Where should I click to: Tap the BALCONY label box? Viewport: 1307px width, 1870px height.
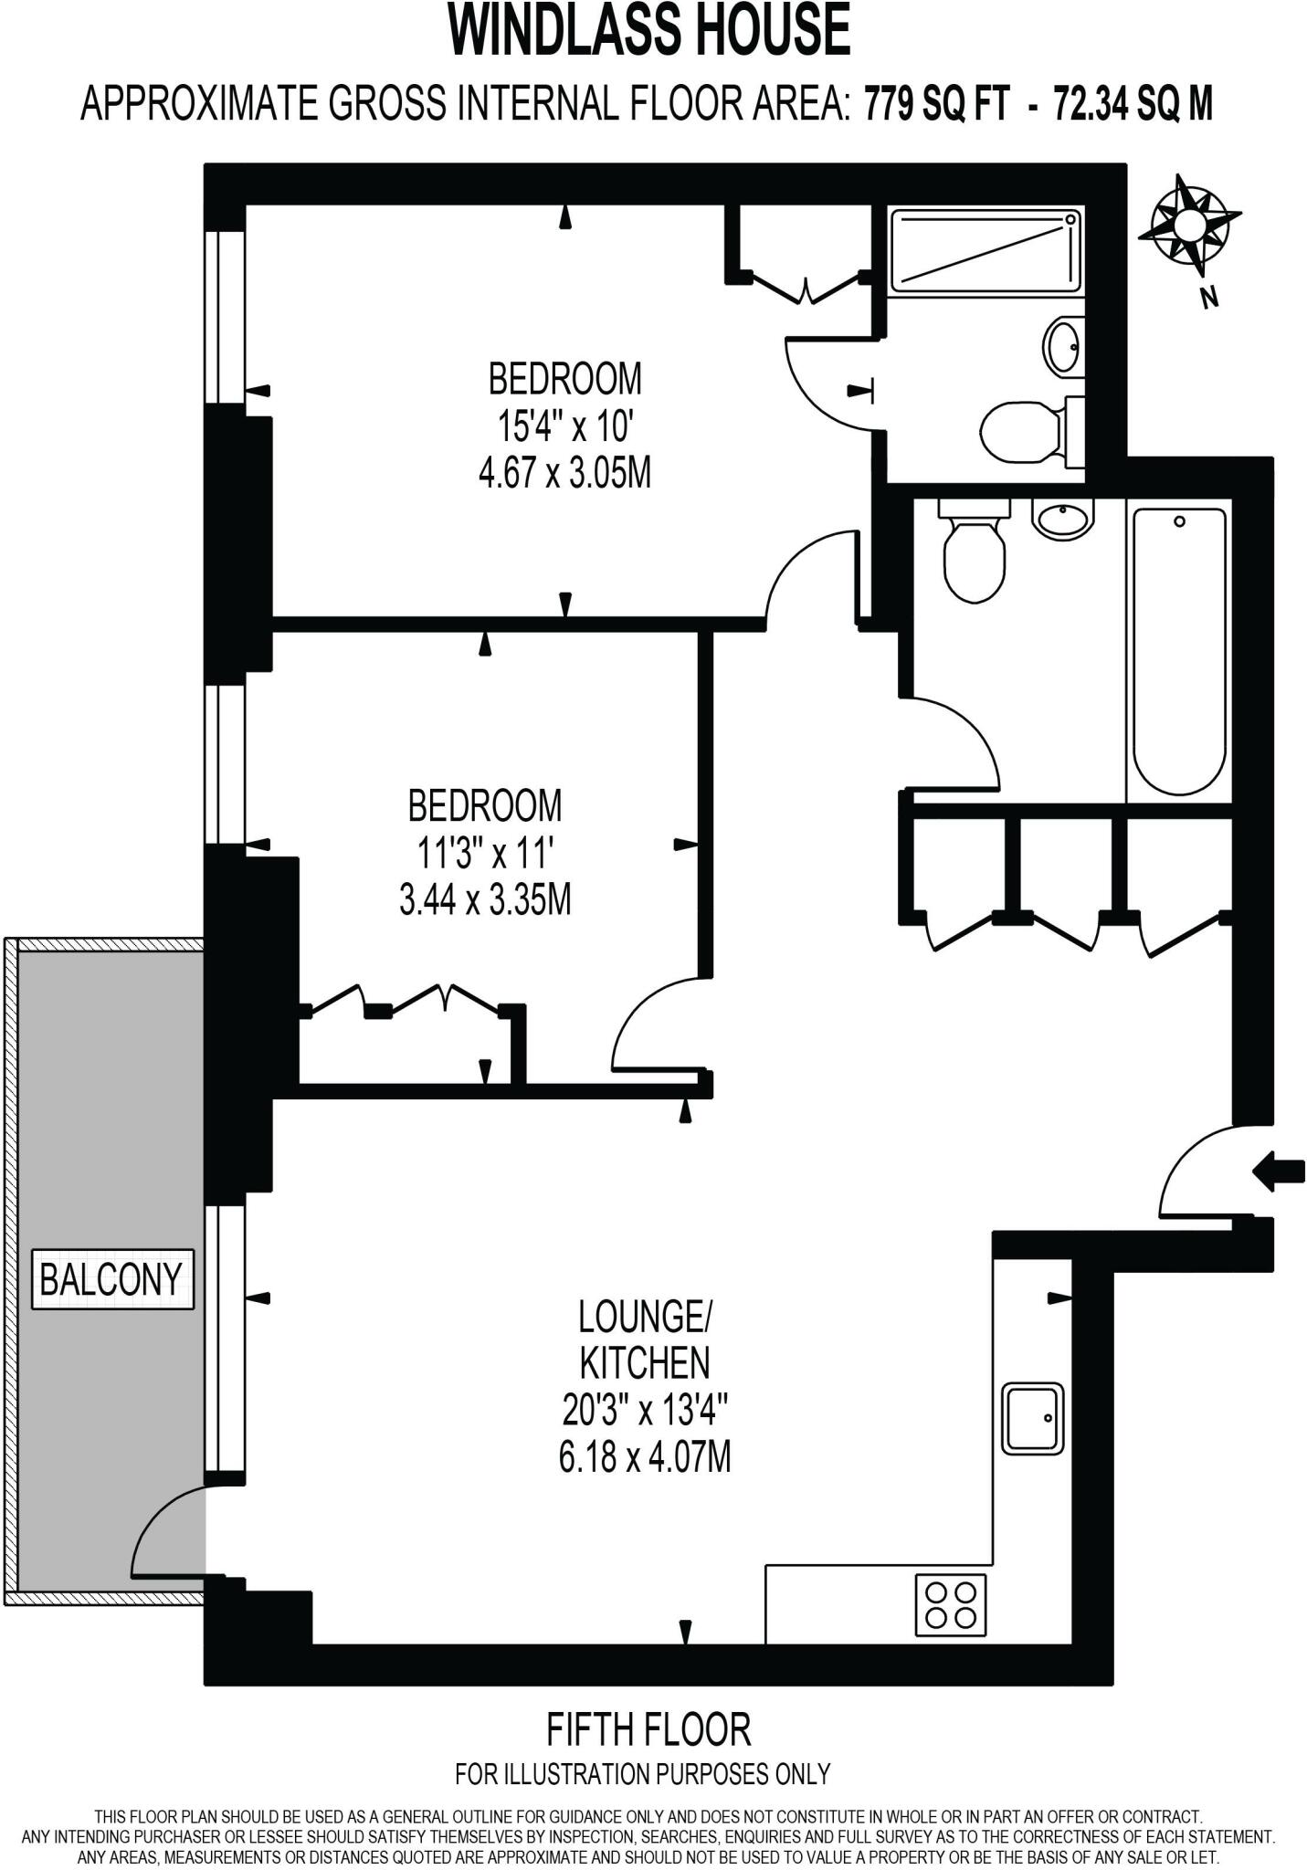coord(112,1278)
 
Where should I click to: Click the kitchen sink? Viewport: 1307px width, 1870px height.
coord(1033,1418)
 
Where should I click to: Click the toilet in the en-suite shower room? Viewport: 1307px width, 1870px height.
coord(1018,427)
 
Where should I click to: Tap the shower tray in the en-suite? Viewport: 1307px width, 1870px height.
coord(986,250)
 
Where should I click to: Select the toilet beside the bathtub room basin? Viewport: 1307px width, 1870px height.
coord(974,557)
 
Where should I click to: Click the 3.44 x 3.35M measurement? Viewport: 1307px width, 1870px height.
coord(485,901)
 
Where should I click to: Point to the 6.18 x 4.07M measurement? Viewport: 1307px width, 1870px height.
coord(644,1456)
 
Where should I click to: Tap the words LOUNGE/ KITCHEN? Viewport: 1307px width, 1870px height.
coord(644,1339)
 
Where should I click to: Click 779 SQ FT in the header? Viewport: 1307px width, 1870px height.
coord(936,104)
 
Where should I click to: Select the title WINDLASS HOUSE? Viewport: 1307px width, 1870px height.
coord(649,31)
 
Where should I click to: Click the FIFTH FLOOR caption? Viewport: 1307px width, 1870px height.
coord(648,1728)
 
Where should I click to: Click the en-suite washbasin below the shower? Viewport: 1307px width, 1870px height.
coord(1063,346)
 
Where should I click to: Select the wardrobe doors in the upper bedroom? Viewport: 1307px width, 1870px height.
coord(804,288)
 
